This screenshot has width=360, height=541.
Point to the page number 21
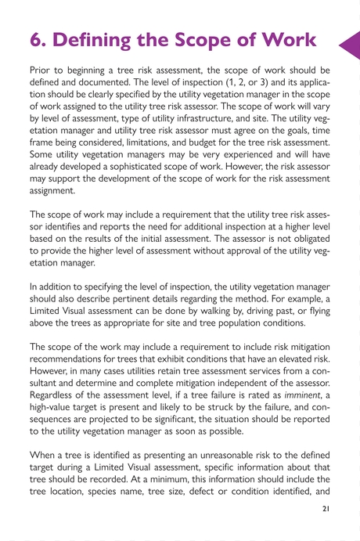(326, 508)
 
